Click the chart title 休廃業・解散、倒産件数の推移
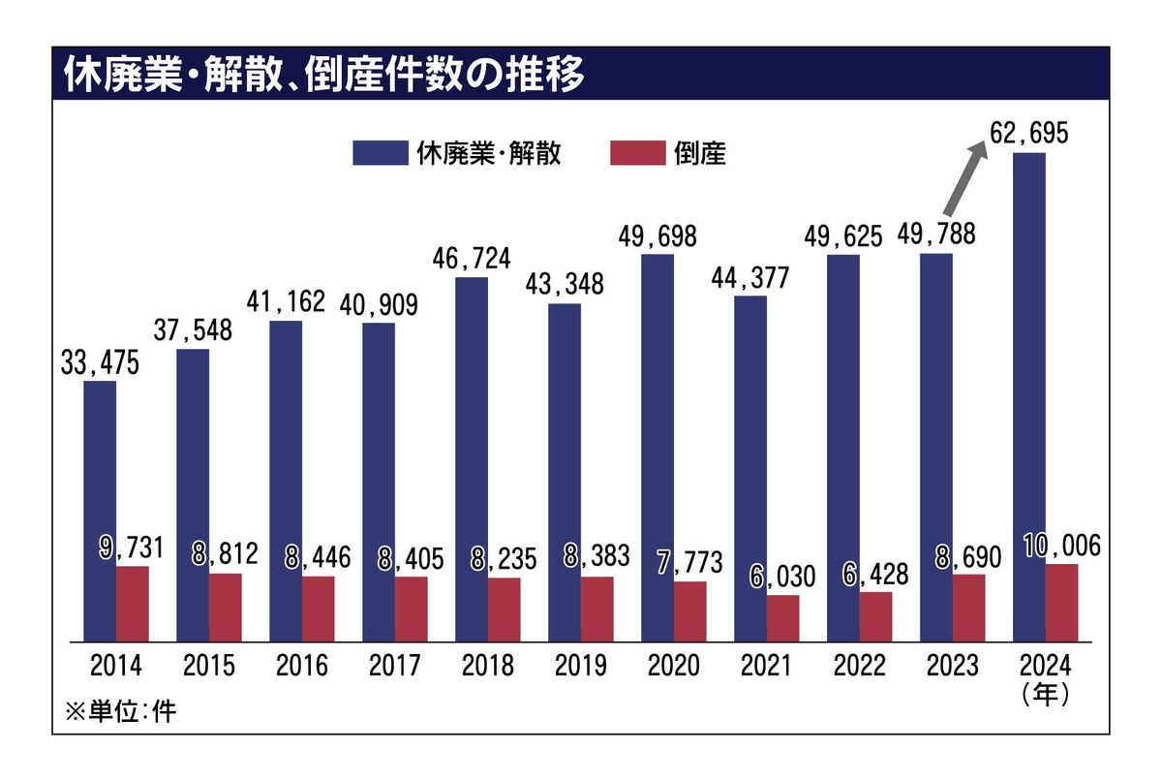click(x=324, y=76)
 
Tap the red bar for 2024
click(x=1061, y=602)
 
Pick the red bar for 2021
click(x=782, y=617)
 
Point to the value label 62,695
click(x=1028, y=133)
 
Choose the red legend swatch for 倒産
click(x=637, y=153)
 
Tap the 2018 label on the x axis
click(x=488, y=667)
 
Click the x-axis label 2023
click(x=952, y=667)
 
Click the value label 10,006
click(x=1060, y=547)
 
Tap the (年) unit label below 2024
click(x=1044, y=696)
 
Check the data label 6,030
click(x=782, y=578)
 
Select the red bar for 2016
click(x=318, y=609)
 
